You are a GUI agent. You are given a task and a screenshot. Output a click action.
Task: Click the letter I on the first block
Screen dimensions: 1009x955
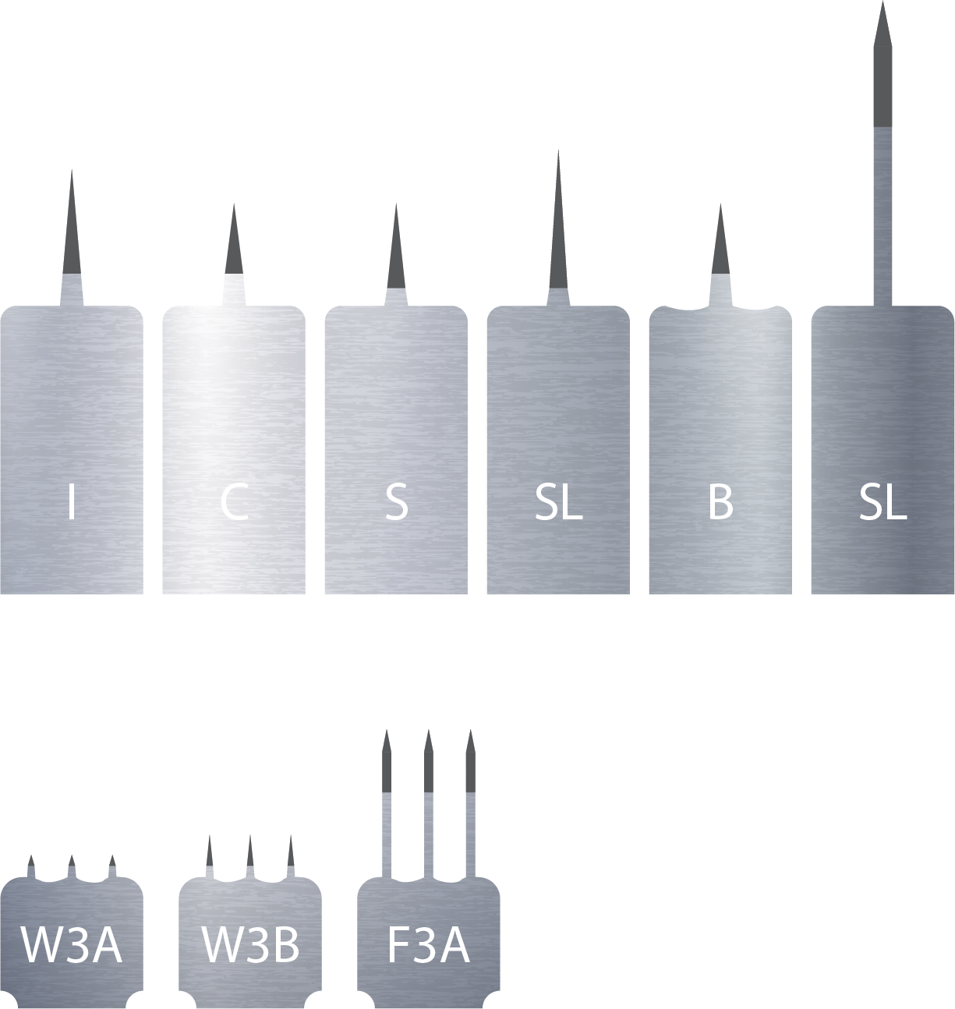click(x=72, y=502)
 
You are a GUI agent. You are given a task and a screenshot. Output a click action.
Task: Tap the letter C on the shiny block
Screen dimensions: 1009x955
click(x=234, y=503)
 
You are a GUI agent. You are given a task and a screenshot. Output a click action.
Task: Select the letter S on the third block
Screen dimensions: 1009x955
click(x=396, y=503)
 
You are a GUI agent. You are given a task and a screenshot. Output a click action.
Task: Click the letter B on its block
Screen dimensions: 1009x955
click(x=720, y=503)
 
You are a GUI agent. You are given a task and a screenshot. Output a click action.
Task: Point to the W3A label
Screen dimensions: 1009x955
click(x=71, y=945)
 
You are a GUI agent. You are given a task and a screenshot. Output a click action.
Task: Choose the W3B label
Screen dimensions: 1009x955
click(x=250, y=945)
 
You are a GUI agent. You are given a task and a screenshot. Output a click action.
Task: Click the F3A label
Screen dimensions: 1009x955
click(x=428, y=945)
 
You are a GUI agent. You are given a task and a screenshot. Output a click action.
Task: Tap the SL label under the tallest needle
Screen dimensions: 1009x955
click(x=882, y=503)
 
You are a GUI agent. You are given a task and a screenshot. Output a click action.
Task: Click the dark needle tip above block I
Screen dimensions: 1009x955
click(x=72, y=234)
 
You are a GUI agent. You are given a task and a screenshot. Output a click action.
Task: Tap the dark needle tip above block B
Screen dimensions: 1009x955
click(x=720, y=250)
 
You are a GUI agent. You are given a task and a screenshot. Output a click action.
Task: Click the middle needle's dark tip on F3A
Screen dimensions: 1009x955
click(x=428, y=768)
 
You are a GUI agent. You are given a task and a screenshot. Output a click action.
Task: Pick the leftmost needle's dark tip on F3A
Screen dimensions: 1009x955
click(x=386, y=768)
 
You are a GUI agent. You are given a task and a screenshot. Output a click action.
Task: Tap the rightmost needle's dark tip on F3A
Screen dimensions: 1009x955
click(x=470, y=768)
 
